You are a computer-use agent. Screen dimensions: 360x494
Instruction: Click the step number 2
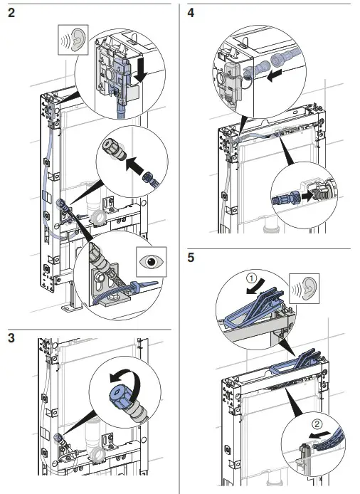point(11,13)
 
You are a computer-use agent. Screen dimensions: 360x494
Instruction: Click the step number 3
point(11,338)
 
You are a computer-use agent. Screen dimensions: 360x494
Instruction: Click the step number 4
point(191,13)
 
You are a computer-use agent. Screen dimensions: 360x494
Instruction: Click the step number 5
point(191,258)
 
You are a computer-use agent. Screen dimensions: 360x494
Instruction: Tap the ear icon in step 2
point(73,40)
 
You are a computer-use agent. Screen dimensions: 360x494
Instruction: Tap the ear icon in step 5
point(305,288)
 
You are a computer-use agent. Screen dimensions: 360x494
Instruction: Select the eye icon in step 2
point(151,262)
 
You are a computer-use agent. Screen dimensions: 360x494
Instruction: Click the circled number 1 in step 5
point(251,278)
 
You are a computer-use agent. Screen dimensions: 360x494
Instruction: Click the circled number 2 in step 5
point(317,424)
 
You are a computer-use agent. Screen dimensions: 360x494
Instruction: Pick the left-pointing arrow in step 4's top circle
point(274,76)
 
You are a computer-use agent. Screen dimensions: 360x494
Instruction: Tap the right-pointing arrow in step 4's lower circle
point(307,196)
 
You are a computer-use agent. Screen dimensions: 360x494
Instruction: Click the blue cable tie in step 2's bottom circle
point(142,285)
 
